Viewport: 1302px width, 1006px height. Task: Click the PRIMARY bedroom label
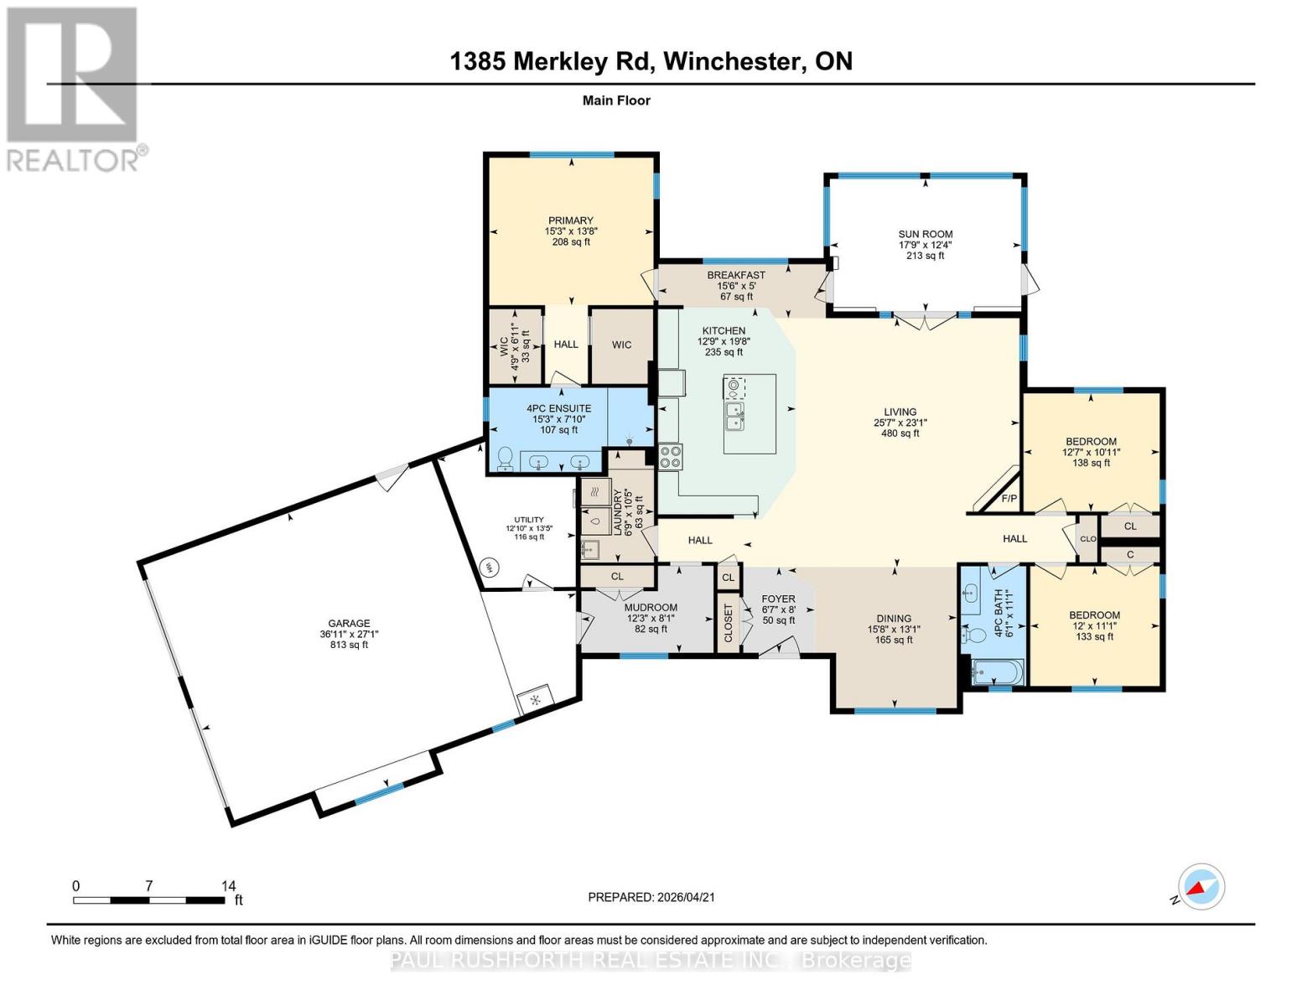click(x=570, y=220)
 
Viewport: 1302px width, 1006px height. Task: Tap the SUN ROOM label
click(x=925, y=235)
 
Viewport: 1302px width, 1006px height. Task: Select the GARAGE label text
click(x=349, y=623)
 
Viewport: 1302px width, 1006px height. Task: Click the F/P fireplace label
click(x=1009, y=499)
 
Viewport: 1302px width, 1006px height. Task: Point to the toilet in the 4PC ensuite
click(x=506, y=458)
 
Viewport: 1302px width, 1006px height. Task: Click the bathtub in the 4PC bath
click(x=997, y=672)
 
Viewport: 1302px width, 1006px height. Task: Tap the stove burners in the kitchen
click(x=671, y=456)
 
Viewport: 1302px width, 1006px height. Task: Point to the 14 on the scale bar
click(x=228, y=885)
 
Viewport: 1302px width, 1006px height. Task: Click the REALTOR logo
click(x=74, y=88)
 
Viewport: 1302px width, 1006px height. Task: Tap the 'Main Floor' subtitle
click(x=616, y=101)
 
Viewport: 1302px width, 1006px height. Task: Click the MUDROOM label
click(x=651, y=608)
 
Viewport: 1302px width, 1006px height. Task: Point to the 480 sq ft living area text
click(x=900, y=433)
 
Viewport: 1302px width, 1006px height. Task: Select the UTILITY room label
click(x=529, y=520)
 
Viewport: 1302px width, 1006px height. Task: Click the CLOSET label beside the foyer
click(x=728, y=624)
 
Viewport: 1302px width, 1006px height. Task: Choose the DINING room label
click(x=894, y=619)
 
